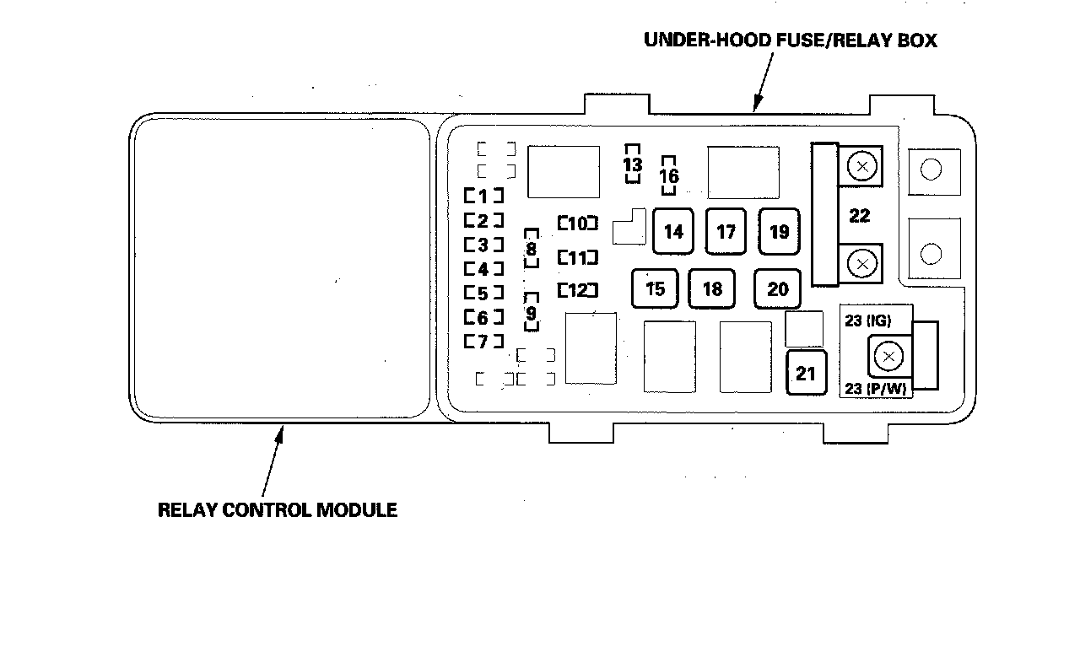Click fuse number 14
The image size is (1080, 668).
tap(673, 231)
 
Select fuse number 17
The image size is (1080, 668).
tap(726, 231)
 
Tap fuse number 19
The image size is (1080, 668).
tap(779, 231)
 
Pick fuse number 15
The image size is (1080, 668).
tap(655, 289)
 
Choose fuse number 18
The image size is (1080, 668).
tap(712, 289)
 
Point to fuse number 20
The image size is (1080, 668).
tap(777, 289)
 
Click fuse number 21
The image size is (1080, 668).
tap(806, 372)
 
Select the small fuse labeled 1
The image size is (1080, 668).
tap(483, 197)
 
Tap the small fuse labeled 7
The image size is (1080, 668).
tap(483, 342)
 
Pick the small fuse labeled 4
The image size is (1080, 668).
tap(483, 270)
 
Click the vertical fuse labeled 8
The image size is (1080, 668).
tap(531, 249)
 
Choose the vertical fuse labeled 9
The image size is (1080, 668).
tap(531, 314)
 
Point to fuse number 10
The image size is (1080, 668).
tap(578, 224)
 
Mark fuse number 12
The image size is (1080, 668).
tap(578, 290)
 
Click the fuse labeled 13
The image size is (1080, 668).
tap(632, 164)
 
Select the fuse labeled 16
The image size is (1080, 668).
tap(669, 176)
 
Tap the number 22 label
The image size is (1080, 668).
tap(859, 216)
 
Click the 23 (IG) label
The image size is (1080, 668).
tap(867, 321)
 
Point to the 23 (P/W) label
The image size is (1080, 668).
tap(873, 389)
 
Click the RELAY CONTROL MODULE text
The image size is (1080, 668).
tap(278, 510)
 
